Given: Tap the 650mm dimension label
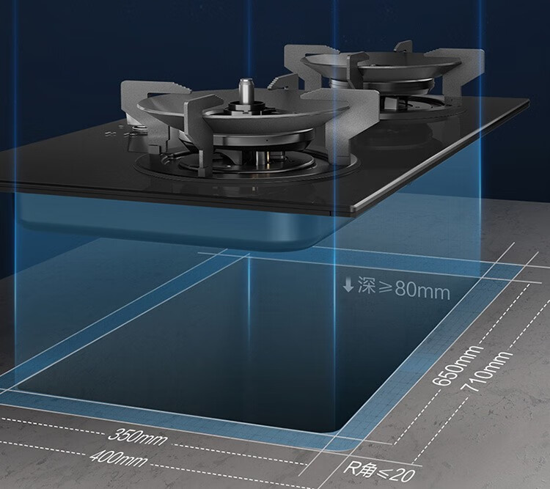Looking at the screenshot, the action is (x=456, y=365).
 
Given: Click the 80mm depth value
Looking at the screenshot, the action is (x=422, y=290).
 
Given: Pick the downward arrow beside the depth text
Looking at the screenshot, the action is (x=348, y=284).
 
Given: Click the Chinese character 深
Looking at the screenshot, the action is (x=367, y=285).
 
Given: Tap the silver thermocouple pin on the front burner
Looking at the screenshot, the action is (x=245, y=89).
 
